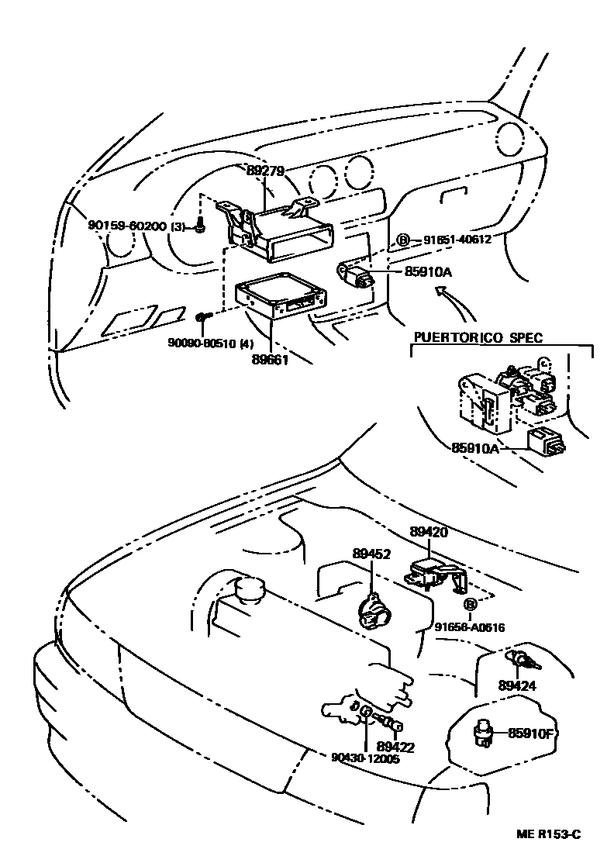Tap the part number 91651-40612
[457, 240]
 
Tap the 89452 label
[371, 554]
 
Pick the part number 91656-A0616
[470, 627]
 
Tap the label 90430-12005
[364, 759]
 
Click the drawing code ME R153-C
[549, 834]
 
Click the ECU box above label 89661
[280, 298]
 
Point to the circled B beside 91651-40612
[403, 240]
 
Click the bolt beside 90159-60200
[201, 226]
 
